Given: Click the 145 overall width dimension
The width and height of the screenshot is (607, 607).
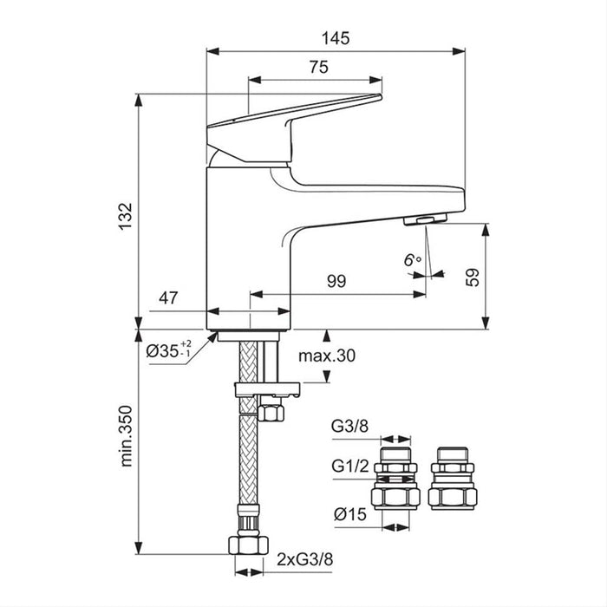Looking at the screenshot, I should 336,38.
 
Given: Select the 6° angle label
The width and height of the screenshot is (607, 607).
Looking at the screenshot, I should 411,258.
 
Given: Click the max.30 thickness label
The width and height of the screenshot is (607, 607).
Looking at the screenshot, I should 326,356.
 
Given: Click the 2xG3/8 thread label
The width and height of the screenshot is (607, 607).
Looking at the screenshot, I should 306,560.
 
